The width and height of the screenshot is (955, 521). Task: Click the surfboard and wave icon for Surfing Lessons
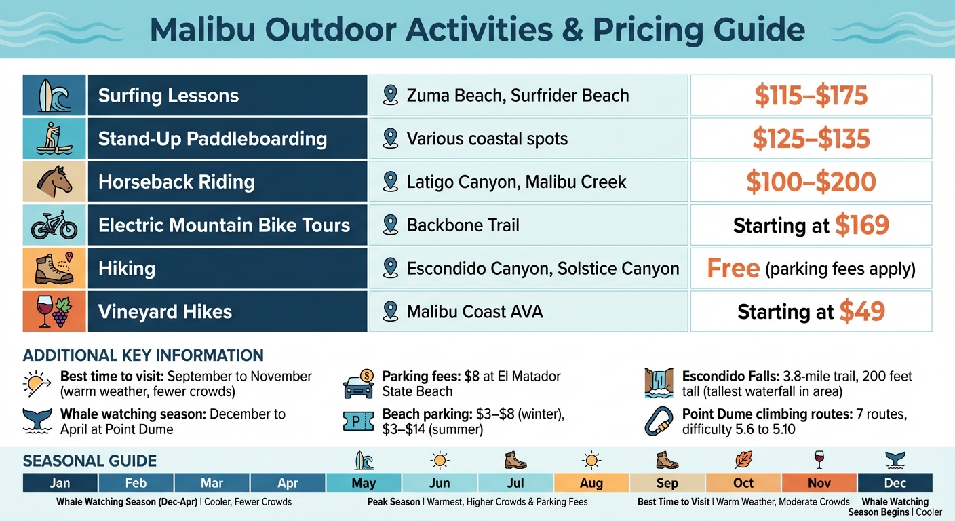tap(54, 95)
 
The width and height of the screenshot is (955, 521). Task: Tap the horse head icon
tap(54, 182)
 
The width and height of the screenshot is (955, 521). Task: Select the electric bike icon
tap(54, 225)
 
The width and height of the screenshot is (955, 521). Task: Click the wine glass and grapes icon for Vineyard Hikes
tap(54, 311)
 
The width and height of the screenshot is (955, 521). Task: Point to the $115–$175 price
tap(811, 96)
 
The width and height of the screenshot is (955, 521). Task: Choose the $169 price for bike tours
tap(861, 225)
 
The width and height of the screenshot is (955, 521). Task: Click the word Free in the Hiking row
tap(733, 269)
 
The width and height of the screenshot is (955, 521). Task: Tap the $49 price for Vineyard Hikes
tap(862, 311)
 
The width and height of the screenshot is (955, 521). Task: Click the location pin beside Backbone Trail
tap(390, 225)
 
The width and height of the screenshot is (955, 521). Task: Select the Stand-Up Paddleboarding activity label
tap(212, 139)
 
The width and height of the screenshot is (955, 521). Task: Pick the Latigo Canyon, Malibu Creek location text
tap(516, 182)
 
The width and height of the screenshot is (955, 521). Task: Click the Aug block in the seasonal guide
tap(591, 483)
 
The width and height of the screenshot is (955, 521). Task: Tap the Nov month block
tap(819, 483)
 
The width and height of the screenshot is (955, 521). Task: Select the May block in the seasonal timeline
tap(364, 483)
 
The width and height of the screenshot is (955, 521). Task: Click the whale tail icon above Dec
tap(895, 461)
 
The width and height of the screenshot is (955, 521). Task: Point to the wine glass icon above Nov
tap(819, 461)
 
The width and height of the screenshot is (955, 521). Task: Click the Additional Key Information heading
tap(143, 355)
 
